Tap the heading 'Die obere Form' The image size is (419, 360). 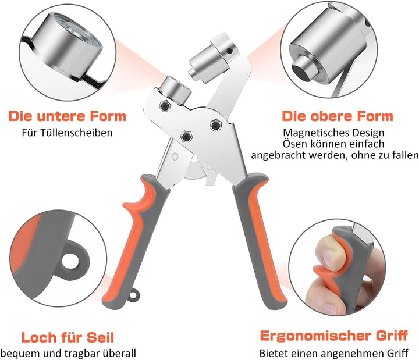click(x=338, y=116)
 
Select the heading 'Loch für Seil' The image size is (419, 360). click(x=68, y=337)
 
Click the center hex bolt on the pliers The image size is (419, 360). click(x=187, y=136)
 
